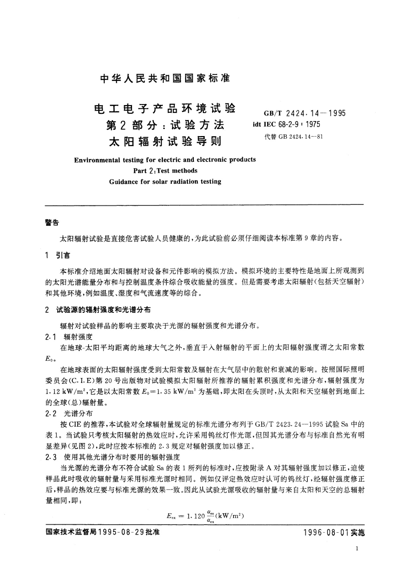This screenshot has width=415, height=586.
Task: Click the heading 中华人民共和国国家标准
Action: [x=165, y=78]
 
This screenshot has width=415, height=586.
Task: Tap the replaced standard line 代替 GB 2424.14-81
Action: [x=294, y=136]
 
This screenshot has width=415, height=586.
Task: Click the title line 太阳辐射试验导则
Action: [x=165, y=142]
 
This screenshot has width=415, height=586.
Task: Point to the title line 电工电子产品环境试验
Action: [x=165, y=109]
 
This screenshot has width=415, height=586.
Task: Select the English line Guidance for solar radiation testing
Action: [x=165, y=182]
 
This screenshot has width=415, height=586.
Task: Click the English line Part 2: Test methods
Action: [x=165, y=171]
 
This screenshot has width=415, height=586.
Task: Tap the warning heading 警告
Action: [x=52, y=223]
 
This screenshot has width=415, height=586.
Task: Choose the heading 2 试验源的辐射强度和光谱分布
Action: [x=98, y=310]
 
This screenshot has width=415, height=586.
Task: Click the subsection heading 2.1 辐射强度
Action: [x=69, y=336]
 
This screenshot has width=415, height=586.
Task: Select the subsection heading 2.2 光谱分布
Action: [x=69, y=413]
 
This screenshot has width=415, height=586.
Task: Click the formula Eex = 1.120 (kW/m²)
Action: [x=205, y=516]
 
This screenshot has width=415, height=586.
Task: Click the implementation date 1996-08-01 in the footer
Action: [x=326, y=533]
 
